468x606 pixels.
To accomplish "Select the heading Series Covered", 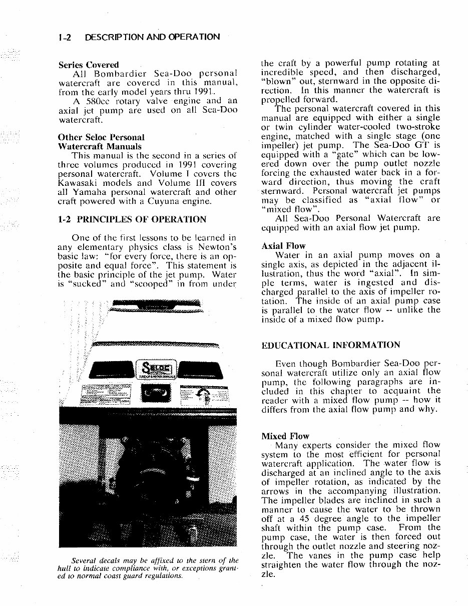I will (89, 65).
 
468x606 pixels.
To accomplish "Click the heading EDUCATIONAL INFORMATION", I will (331, 345).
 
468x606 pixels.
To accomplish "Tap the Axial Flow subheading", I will (283, 246).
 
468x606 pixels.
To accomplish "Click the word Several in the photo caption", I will (86, 560).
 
